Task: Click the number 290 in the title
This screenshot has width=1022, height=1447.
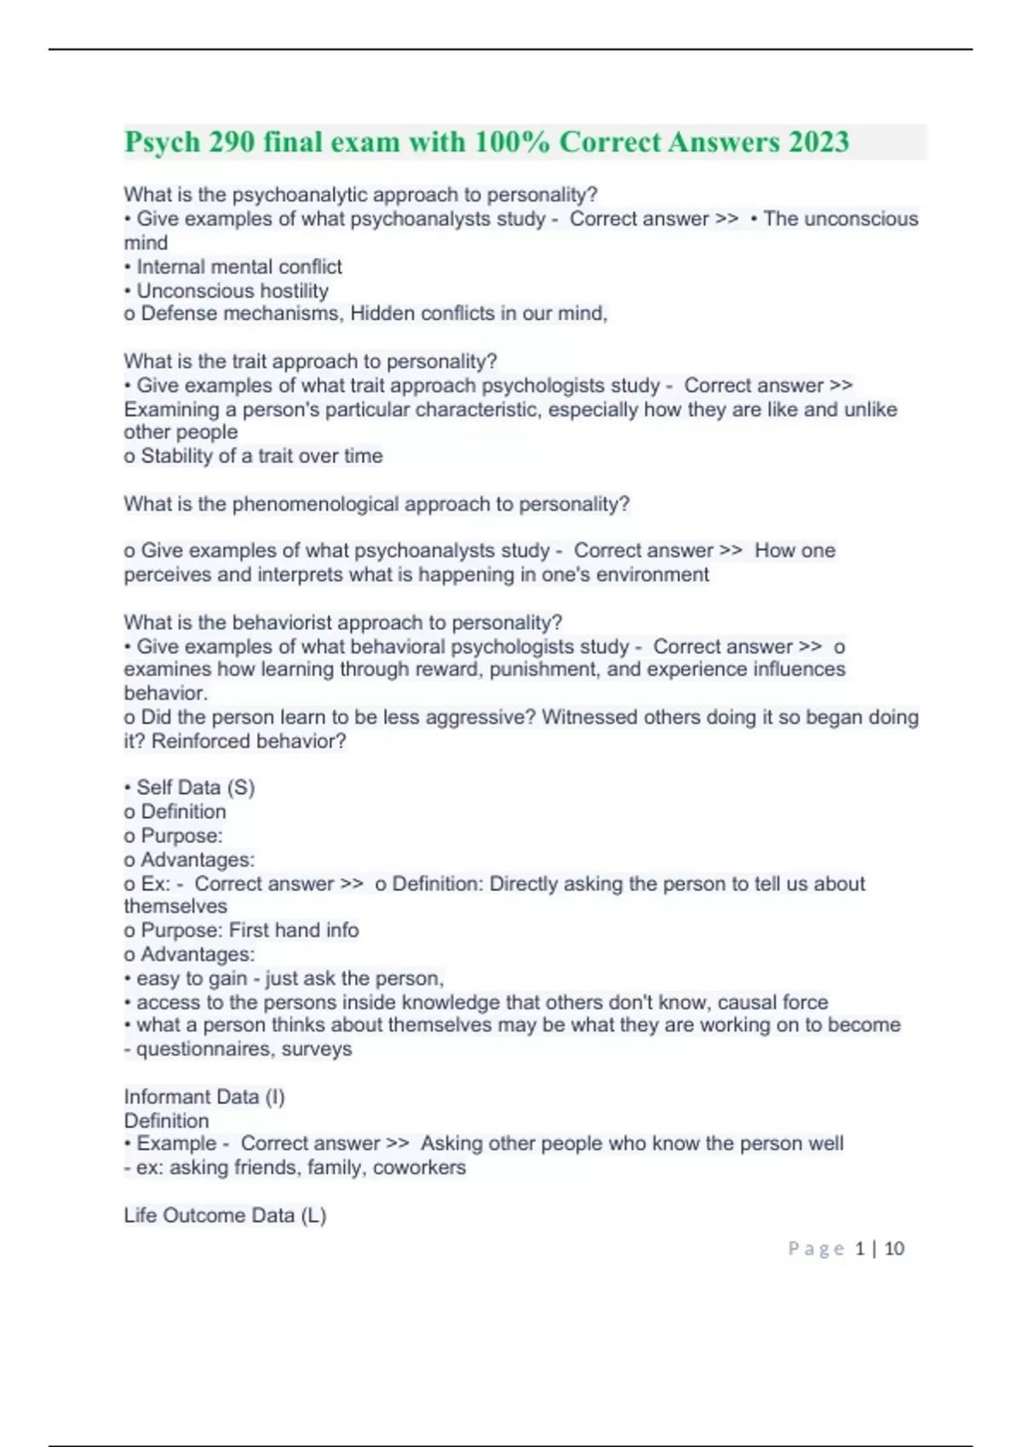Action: pyautogui.click(x=232, y=142)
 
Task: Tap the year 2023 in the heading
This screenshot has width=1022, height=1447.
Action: pyautogui.click(x=818, y=142)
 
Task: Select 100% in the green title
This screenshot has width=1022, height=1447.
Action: pyautogui.click(x=512, y=142)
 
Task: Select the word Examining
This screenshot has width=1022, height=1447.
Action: pyautogui.click(x=171, y=409)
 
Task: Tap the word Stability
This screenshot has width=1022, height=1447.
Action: pyautogui.click(x=177, y=456)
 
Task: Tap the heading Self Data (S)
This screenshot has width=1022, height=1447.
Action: pyautogui.click(x=195, y=787)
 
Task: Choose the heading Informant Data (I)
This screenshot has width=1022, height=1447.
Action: pyautogui.click(x=204, y=1096)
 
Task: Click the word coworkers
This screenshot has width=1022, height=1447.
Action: pyautogui.click(x=419, y=1167)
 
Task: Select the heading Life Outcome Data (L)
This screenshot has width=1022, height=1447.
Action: pyautogui.click(x=225, y=1215)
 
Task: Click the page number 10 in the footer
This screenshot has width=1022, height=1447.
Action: pyautogui.click(x=893, y=1249)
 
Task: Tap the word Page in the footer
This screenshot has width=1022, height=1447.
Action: pyautogui.click(x=816, y=1249)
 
